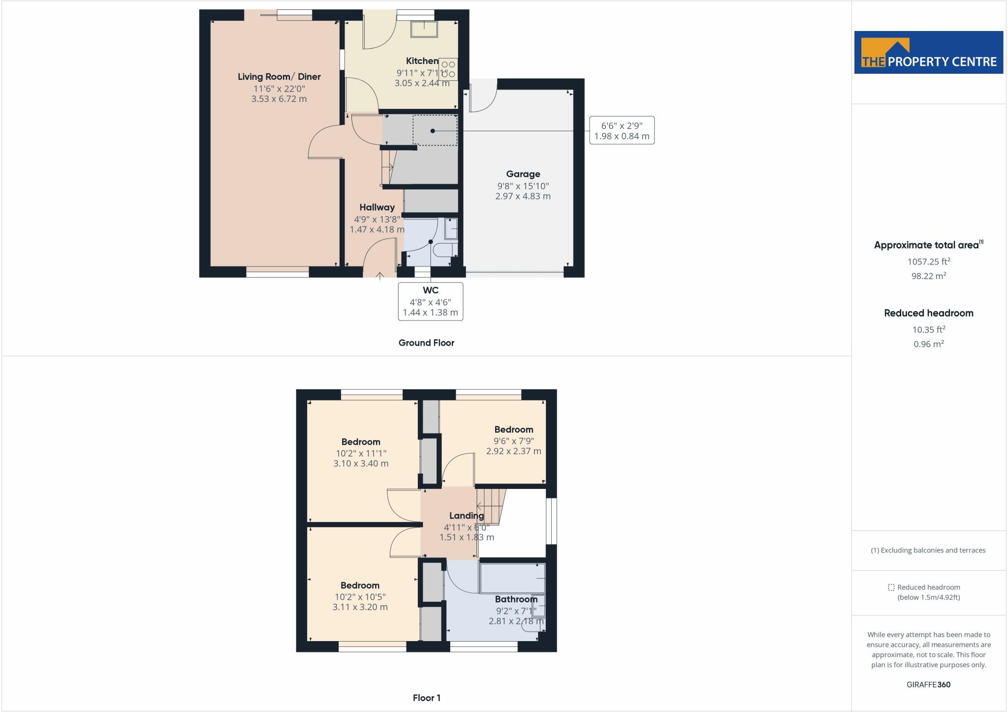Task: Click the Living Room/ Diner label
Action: pyautogui.click(x=279, y=76)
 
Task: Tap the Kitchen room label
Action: pyautogui.click(x=422, y=61)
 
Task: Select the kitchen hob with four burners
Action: pyautogui.click(x=448, y=69)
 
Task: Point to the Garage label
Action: pyautogui.click(x=523, y=174)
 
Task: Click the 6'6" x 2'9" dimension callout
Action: pyautogui.click(x=622, y=130)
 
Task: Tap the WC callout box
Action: pyautogui.click(x=431, y=301)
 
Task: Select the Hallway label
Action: pyautogui.click(x=377, y=207)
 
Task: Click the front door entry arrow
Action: pyautogui.click(x=380, y=276)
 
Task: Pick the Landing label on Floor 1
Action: pyautogui.click(x=467, y=516)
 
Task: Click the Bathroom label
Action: pyautogui.click(x=516, y=599)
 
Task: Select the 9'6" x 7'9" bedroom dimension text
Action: pyautogui.click(x=514, y=441)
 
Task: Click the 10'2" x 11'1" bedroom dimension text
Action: pyautogui.click(x=361, y=453)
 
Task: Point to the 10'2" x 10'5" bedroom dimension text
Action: pyautogui.click(x=360, y=597)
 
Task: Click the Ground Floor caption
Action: pyautogui.click(x=426, y=343)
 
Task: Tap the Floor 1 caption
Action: pyautogui.click(x=427, y=698)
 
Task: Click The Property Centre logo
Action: pyautogui.click(x=929, y=53)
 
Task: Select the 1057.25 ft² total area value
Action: pyautogui.click(x=929, y=261)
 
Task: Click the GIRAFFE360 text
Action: pyautogui.click(x=929, y=684)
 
